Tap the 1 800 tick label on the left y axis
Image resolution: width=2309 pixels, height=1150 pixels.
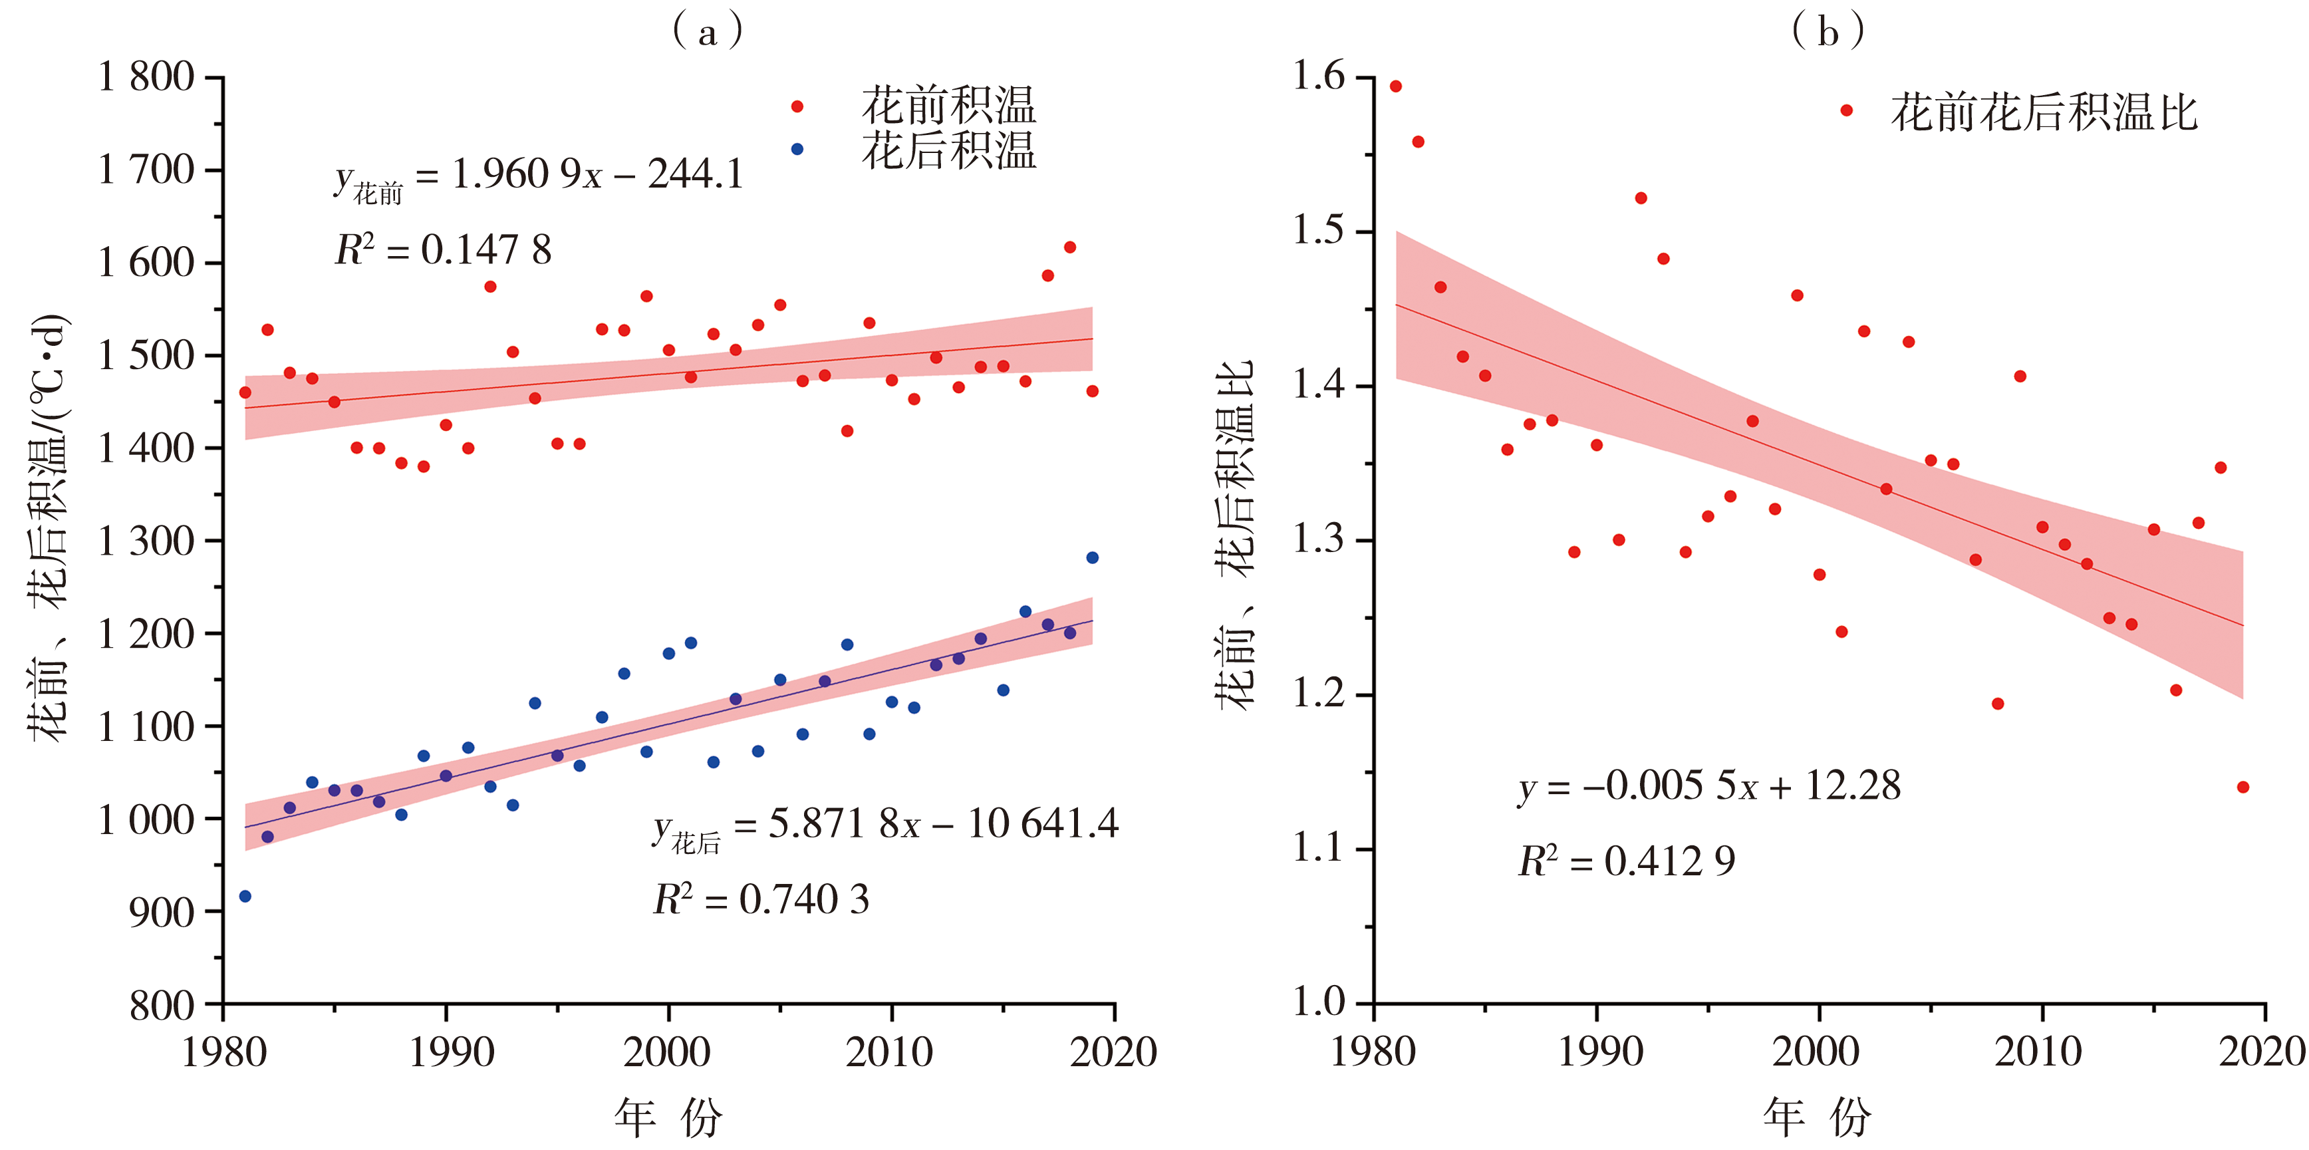click(146, 77)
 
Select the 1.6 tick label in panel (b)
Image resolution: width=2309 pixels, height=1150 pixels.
click(1319, 77)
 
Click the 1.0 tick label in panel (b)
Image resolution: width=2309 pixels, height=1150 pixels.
click(1319, 1002)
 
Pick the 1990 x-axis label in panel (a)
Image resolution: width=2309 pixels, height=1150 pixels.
click(451, 1052)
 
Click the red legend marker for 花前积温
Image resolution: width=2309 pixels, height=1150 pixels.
click(797, 106)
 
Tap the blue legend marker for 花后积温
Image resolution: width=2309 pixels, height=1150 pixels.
click(797, 149)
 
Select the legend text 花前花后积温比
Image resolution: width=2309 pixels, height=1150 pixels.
click(2044, 113)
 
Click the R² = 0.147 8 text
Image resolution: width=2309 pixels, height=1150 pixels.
click(443, 250)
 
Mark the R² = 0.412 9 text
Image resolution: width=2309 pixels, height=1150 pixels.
click(1626, 861)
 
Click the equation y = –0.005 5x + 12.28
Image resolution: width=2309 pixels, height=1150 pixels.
click(1708, 786)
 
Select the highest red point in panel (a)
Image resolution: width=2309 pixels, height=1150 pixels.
click(1069, 247)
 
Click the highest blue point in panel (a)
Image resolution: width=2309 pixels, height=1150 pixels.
click(1092, 557)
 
